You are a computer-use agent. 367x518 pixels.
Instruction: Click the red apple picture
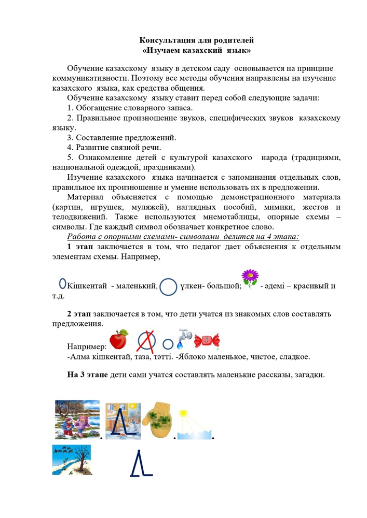[x=119, y=339]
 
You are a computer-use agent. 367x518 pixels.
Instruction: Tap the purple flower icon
[x=250, y=279]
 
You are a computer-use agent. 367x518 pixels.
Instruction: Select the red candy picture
[x=207, y=341]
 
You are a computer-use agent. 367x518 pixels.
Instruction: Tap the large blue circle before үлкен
[x=168, y=287]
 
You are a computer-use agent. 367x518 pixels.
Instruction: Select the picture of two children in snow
[x=77, y=419]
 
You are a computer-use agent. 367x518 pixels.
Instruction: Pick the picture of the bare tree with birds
[x=72, y=459]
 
